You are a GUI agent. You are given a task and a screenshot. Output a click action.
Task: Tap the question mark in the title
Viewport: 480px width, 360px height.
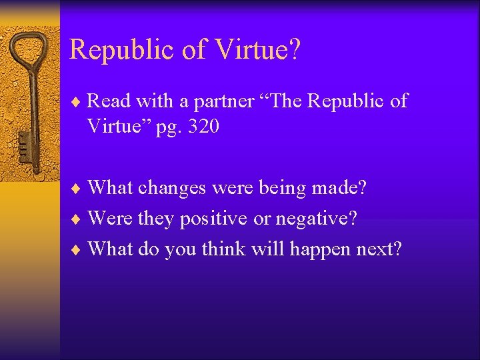click(294, 50)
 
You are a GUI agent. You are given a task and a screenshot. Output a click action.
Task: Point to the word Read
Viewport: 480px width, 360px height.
click(108, 101)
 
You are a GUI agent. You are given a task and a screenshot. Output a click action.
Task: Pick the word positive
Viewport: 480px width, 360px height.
click(215, 219)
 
